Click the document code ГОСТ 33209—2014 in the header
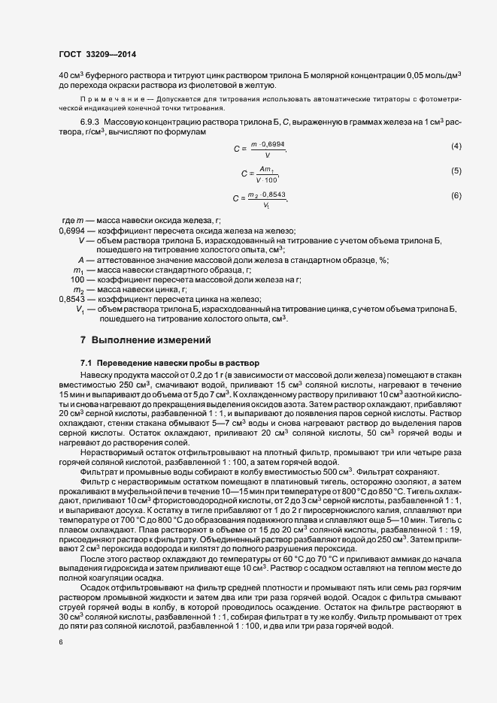coord(97,53)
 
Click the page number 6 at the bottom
coord(60,642)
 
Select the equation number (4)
coord(456,145)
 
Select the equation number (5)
coord(456,171)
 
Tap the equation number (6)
coord(456,196)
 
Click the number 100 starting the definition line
coord(77,279)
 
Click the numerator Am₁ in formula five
coord(265,168)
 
